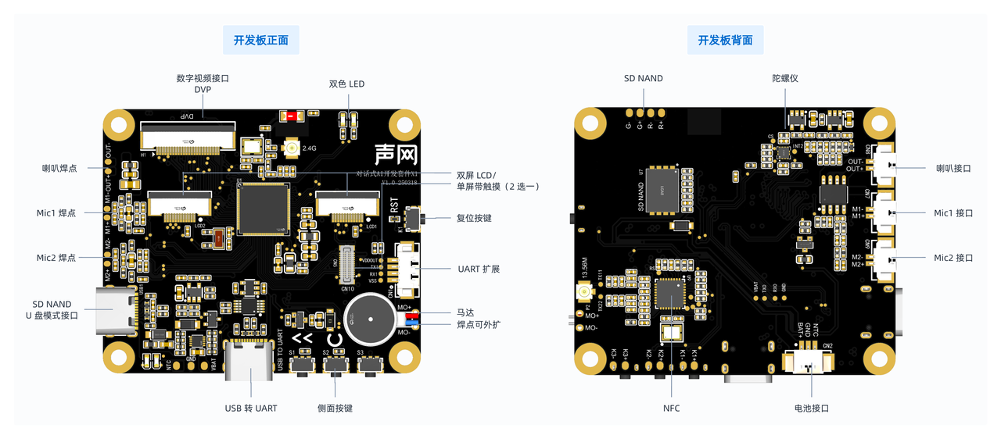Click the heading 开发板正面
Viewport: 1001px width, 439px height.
(x=260, y=40)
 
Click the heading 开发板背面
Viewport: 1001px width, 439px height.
(x=725, y=40)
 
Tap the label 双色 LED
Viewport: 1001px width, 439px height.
(x=346, y=84)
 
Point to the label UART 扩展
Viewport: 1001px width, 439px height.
(x=479, y=269)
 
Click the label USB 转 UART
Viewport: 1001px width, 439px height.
(x=251, y=408)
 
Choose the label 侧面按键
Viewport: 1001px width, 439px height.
(x=335, y=408)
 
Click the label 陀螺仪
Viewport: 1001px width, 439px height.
(x=784, y=78)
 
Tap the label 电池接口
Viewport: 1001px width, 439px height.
(x=811, y=408)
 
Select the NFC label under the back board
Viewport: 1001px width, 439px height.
(x=671, y=408)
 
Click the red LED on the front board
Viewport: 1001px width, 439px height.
(x=291, y=116)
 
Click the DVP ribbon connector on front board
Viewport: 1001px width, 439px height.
(x=188, y=134)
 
